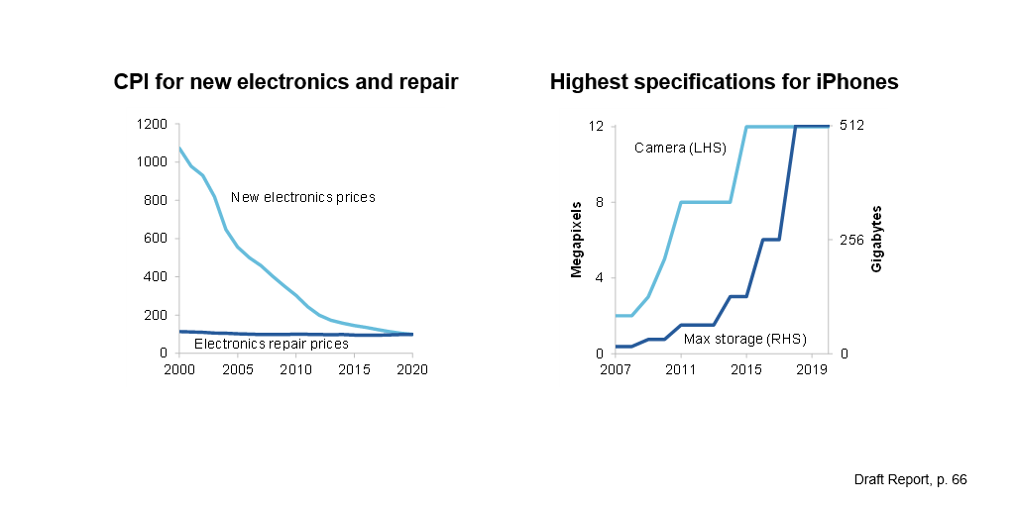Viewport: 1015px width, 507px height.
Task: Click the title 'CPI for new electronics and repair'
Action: pyautogui.click(x=285, y=82)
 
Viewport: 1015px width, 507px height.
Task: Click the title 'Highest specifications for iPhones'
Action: pyautogui.click(x=724, y=82)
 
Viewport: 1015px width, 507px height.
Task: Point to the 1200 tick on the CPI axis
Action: pyautogui.click(x=152, y=125)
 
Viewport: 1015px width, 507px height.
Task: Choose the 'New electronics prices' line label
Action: pyautogui.click(x=302, y=197)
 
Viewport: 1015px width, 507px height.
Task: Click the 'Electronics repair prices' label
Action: pyautogui.click(x=271, y=344)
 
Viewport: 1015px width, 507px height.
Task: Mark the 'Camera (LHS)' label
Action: pyautogui.click(x=680, y=148)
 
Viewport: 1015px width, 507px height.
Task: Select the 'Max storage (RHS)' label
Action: pyautogui.click(x=737, y=339)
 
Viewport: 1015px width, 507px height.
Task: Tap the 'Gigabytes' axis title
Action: pyautogui.click(x=876, y=240)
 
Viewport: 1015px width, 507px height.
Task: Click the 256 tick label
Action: pyautogui.click(x=851, y=240)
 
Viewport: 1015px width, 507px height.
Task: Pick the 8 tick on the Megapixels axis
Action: pyautogui.click(x=600, y=202)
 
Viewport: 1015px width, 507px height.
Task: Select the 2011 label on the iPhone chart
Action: pyautogui.click(x=680, y=369)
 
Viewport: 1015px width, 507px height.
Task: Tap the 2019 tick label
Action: pyautogui.click(x=812, y=369)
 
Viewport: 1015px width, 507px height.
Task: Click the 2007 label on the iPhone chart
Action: pyautogui.click(x=616, y=369)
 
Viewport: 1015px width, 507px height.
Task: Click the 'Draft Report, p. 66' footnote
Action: pyautogui.click(x=910, y=479)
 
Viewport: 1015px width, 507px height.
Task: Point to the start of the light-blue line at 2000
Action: pyautogui.click(x=179, y=149)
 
